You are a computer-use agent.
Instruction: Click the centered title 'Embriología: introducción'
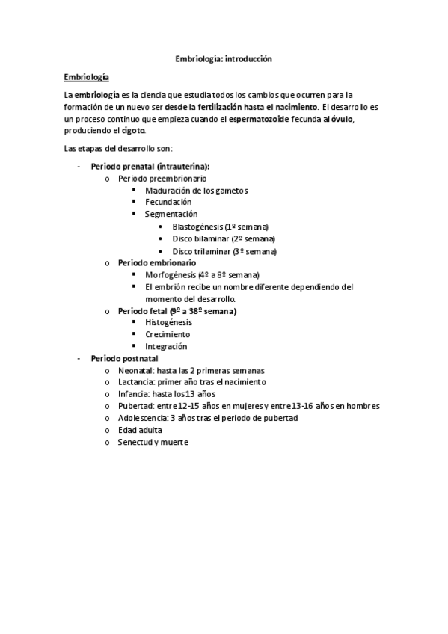[224, 58]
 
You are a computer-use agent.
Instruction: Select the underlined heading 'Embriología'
[87, 77]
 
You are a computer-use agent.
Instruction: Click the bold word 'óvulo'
[342, 119]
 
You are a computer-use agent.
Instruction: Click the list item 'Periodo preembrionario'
[162, 179]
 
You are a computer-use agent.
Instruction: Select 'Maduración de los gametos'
[196, 191]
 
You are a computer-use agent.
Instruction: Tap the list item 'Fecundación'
[168, 202]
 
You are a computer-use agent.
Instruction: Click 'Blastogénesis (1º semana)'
[220, 227]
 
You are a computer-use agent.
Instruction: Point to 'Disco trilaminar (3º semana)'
[224, 251]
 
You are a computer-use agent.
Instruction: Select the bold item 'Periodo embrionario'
[157, 263]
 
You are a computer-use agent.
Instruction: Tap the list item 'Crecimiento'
[168, 334]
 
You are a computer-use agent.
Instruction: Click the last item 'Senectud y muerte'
[153, 442]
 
